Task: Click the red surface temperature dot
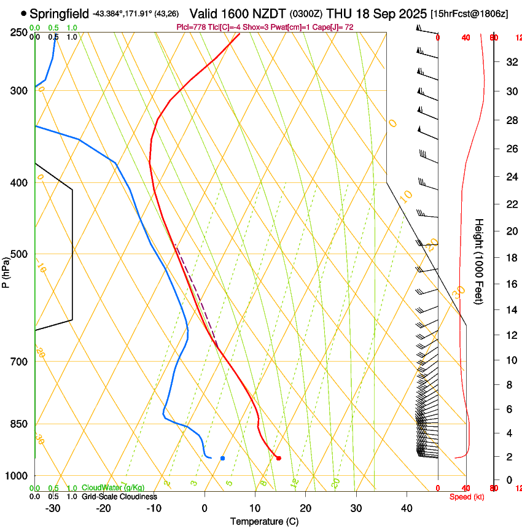tap(278, 458)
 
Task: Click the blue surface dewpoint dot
tap(222, 458)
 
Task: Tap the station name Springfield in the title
tap(59, 14)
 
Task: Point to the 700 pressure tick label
tap(18, 362)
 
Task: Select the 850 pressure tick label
tap(18, 424)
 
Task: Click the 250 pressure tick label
tap(18, 32)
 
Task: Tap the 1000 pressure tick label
tap(17, 476)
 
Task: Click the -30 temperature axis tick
tap(53, 508)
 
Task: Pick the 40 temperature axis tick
tap(406, 508)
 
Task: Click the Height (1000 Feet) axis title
tap(479, 262)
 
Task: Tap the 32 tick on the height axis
tap(510, 62)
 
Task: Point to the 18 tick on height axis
tap(510, 258)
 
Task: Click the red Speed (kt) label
tap(467, 497)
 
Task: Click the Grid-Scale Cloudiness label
tap(119, 497)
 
